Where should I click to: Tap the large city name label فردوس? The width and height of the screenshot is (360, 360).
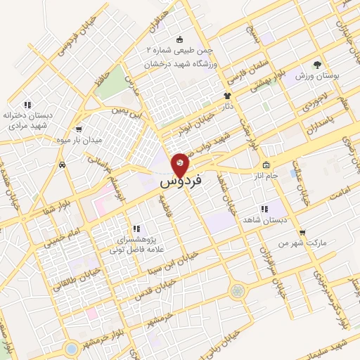181,181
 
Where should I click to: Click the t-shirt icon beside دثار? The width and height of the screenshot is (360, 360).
227,96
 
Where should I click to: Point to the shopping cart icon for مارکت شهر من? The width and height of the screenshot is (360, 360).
302,232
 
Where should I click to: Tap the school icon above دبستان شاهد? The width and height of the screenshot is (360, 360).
265,209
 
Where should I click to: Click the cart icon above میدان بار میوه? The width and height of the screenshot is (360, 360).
78,129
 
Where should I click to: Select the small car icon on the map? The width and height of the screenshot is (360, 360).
63,165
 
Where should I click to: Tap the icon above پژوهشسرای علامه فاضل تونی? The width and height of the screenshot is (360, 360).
136,229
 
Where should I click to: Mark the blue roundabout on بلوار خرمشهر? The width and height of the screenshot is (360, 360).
70,348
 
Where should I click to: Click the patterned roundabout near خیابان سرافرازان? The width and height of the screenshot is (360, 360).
237,290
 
